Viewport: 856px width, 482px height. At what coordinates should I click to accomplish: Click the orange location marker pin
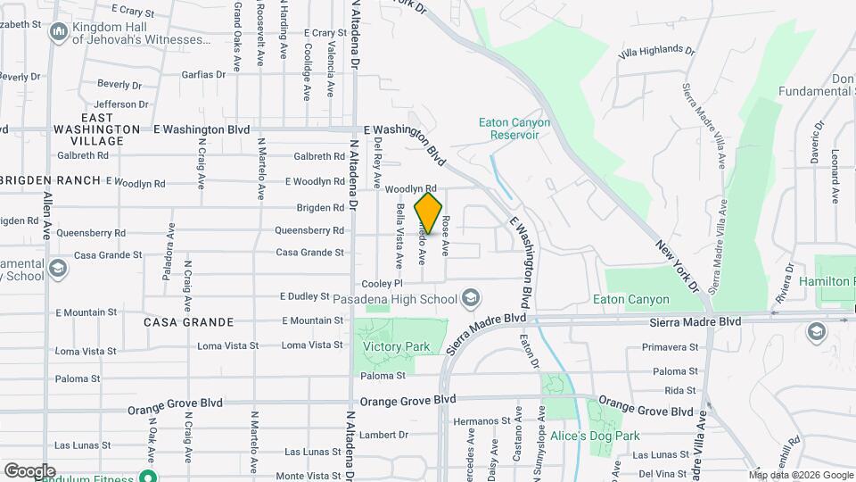point(428,213)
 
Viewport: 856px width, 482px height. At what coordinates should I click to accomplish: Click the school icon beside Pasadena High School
point(471,297)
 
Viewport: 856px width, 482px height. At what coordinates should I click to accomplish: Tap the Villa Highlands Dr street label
point(655,52)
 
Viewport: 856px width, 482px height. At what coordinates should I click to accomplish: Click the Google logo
point(29,470)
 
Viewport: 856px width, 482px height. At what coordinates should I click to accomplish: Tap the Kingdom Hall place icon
point(59,33)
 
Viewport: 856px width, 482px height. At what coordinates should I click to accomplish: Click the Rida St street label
point(679,390)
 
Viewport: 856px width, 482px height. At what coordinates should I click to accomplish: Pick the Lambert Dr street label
point(385,435)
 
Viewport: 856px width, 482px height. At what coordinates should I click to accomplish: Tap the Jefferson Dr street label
point(120,104)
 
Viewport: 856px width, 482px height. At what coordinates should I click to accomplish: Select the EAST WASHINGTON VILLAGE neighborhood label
point(96,129)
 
